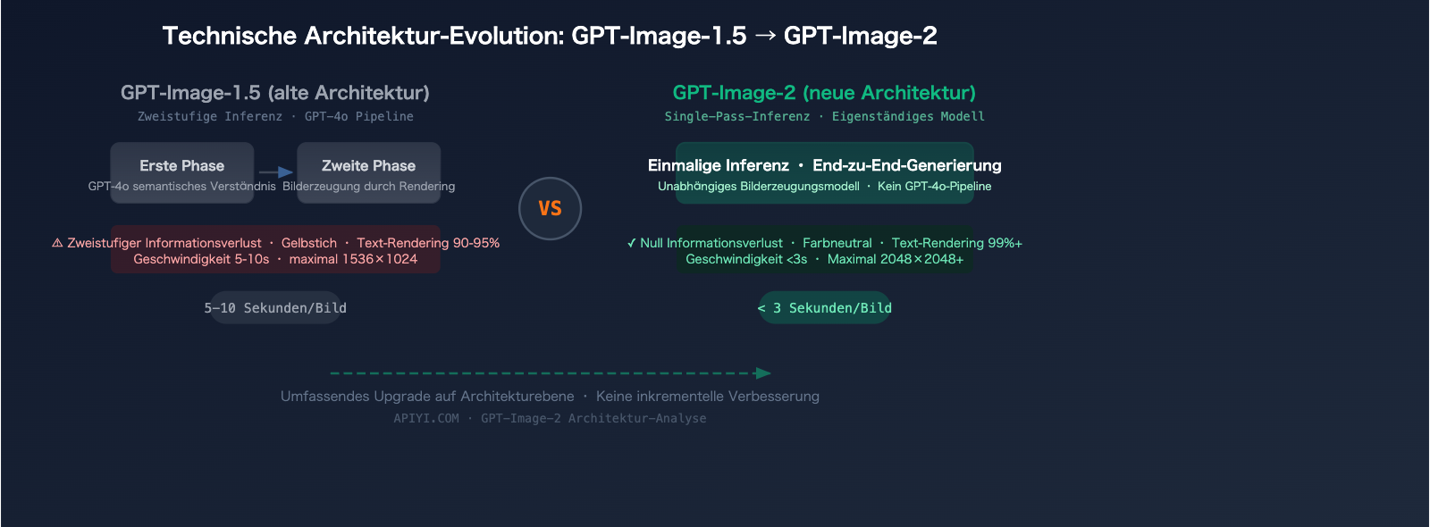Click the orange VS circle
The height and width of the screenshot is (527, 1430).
(550, 208)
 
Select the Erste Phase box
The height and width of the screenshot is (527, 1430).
(182, 172)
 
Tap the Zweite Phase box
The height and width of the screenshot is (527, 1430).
(368, 172)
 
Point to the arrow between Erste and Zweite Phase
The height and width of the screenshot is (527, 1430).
(276, 172)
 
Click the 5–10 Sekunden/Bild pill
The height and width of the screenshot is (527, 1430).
(275, 308)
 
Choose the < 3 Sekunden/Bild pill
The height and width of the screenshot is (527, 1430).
(825, 308)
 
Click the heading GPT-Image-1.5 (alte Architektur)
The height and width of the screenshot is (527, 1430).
(275, 93)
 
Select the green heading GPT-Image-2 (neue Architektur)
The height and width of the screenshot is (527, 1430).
(824, 93)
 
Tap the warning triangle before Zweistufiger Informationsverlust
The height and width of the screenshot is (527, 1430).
(57, 243)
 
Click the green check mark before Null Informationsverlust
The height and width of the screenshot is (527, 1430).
(632, 243)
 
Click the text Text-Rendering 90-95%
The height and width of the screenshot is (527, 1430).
(428, 243)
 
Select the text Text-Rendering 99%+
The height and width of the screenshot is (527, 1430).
(956, 243)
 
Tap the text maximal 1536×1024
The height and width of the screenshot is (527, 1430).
(353, 259)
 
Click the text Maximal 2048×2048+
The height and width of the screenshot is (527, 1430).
(896, 259)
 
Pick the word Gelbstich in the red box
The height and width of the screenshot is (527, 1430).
(309, 243)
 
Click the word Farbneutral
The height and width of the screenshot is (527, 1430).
(837, 243)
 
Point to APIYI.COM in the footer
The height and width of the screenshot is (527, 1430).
(426, 418)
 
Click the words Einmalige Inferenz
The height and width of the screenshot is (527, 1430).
(719, 165)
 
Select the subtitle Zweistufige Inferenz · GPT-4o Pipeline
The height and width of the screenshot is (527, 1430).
(275, 116)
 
